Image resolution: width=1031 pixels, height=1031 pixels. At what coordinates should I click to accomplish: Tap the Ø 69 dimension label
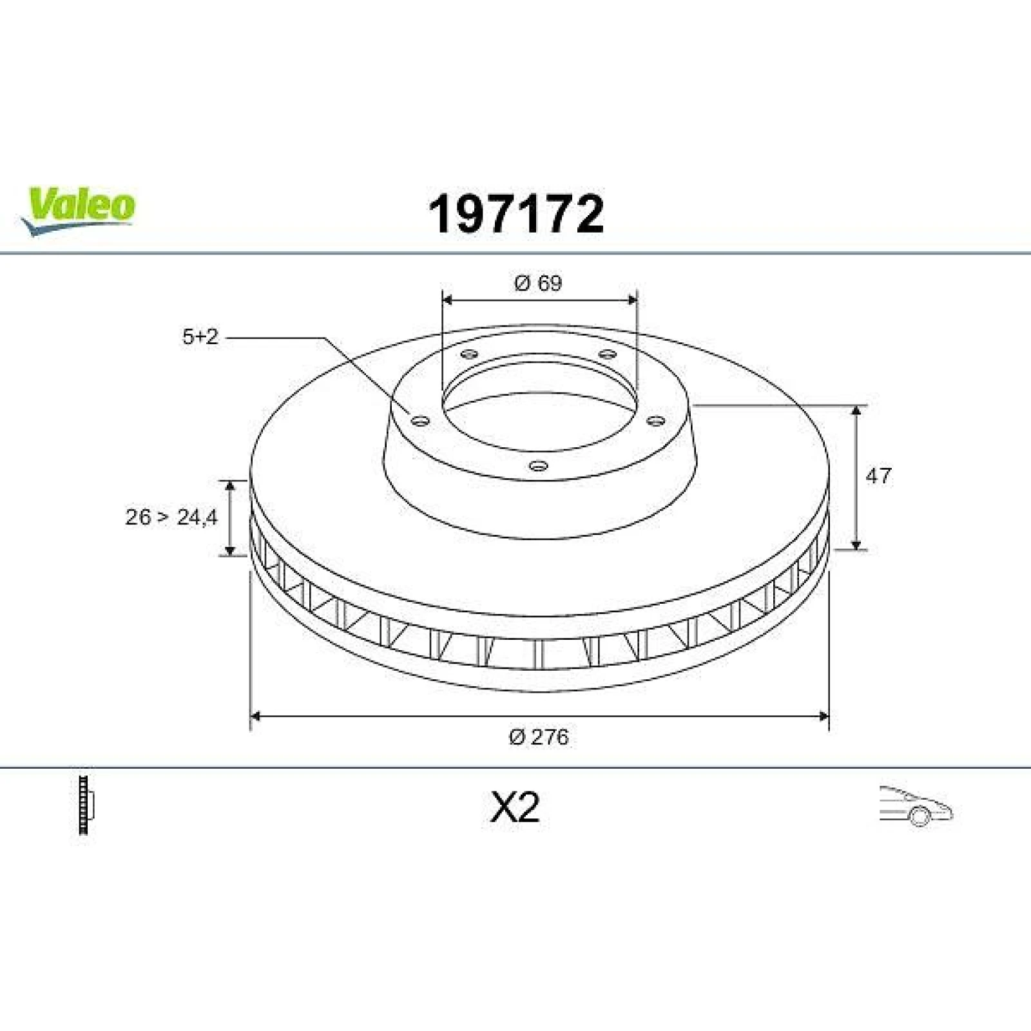(538, 283)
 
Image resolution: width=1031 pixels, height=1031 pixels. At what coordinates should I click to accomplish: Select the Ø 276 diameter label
(539, 737)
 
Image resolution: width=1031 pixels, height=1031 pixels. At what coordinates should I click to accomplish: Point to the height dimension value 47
(878, 476)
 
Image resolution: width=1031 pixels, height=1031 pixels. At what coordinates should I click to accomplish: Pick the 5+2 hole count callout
(200, 336)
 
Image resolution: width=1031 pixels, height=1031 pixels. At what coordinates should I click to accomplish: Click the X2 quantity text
(515, 807)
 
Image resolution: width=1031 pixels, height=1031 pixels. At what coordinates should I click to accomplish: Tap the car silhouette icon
(916, 806)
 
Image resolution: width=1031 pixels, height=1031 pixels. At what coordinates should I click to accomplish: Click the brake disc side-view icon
(86, 805)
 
